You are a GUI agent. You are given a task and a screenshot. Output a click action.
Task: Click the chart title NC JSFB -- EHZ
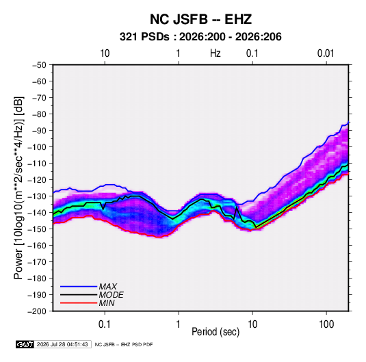(x=200, y=19)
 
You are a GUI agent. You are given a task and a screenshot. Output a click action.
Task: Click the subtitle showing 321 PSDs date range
(x=200, y=37)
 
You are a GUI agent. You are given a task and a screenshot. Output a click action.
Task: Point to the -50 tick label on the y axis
(x=39, y=65)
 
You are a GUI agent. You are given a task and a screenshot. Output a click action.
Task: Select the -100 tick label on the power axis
(x=38, y=147)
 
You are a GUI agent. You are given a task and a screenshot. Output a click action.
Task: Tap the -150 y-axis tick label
(x=38, y=229)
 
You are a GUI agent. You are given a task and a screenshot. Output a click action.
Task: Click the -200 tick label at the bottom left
(x=38, y=311)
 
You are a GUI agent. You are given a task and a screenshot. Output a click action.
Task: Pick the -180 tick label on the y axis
(x=38, y=279)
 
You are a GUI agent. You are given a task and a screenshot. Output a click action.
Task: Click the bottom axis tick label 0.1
(x=105, y=324)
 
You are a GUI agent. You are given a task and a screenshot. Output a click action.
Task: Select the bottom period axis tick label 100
(x=326, y=324)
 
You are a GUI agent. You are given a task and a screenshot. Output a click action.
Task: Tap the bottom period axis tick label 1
(x=179, y=324)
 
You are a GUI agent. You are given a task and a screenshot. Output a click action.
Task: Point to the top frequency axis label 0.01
(x=326, y=53)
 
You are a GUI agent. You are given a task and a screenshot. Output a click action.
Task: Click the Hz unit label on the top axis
(x=215, y=53)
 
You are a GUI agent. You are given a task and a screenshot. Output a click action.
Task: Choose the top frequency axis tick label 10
(x=105, y=53)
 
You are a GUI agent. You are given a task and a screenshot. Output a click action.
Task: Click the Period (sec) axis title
(x=215, y=332)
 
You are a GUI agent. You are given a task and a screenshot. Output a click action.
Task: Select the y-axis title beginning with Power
(x=19, y=188)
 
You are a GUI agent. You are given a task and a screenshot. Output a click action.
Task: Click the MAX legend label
(x=108, y=287)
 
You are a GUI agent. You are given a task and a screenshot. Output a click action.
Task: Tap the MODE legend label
(x=111, y=295)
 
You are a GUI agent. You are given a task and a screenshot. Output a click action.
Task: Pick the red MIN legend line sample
(x=79, y=303)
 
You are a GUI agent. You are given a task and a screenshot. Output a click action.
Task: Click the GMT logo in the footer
(x=25, y=344)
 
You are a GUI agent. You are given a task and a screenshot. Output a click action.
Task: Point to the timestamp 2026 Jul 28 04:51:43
(x=62, y=344)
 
